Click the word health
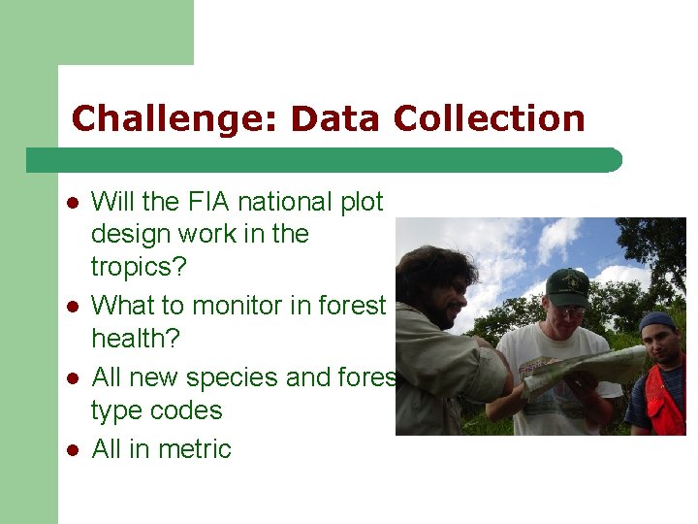[x=135, y=339]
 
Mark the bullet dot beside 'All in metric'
[x=72, y=449]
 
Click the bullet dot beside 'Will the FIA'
[x=72, y=203]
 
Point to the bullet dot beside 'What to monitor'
[x=72, y=307]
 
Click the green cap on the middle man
[x=568, y=286]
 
